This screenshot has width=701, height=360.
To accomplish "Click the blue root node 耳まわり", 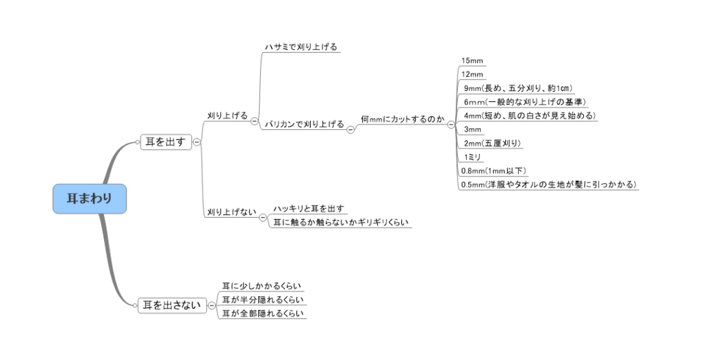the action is [90, 198].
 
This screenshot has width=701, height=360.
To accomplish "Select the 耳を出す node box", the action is [166, 142].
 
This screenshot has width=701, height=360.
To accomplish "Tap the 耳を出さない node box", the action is [172, 305].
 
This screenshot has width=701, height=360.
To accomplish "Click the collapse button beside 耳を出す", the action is [196, 142].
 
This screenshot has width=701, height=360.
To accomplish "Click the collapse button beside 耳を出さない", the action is [212, 306].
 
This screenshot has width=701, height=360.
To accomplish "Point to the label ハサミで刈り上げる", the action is [301, 47].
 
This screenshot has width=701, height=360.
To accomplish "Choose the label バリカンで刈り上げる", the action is [305, 125].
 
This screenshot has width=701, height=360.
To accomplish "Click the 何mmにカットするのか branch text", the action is [403, 119].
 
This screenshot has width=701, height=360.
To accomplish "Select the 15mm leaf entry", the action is [472, 61].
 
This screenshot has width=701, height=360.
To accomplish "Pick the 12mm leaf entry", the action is [472, 74].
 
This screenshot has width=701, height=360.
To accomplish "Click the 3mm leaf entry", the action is [472, 129].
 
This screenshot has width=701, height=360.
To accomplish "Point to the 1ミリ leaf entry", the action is [472, 157].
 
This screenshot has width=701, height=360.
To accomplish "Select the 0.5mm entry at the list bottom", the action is [549, 185].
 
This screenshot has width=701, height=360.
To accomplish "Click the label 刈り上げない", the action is [231, 212].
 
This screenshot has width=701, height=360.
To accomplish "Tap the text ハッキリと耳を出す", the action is [309, 209].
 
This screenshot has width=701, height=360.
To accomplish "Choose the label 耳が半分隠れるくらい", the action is [263, 300].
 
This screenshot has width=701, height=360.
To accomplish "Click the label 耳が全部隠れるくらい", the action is [263, 313].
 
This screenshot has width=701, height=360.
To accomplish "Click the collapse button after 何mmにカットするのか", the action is [451, 125].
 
